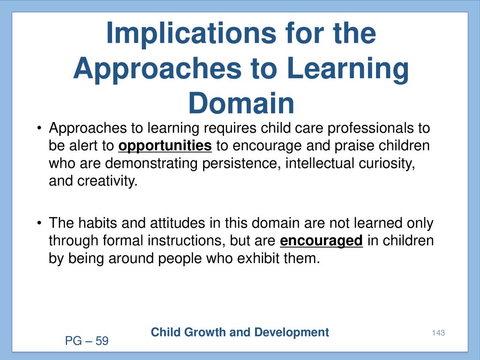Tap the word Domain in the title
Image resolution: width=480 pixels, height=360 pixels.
[x=241, y=103]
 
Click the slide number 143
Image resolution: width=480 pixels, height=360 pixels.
[x=438, y=333]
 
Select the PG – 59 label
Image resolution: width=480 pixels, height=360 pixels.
[x=87, y=341]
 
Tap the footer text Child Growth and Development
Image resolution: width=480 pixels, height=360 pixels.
[x=240, y=332]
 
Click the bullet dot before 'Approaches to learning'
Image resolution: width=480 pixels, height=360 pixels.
[x=38, y=128]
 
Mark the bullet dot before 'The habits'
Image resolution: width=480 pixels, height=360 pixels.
[x=38, y=223]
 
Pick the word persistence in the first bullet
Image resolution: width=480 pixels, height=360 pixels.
[x=241, y=164]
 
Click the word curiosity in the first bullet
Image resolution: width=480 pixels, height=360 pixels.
[x=387, y=164]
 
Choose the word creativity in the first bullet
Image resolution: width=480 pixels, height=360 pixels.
[x=107, y=181]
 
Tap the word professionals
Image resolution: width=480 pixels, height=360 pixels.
[x=370, y=128]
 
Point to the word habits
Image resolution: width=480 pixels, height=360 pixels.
[x=97, y=223]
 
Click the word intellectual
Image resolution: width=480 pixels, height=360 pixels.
[x=320, y=164]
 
